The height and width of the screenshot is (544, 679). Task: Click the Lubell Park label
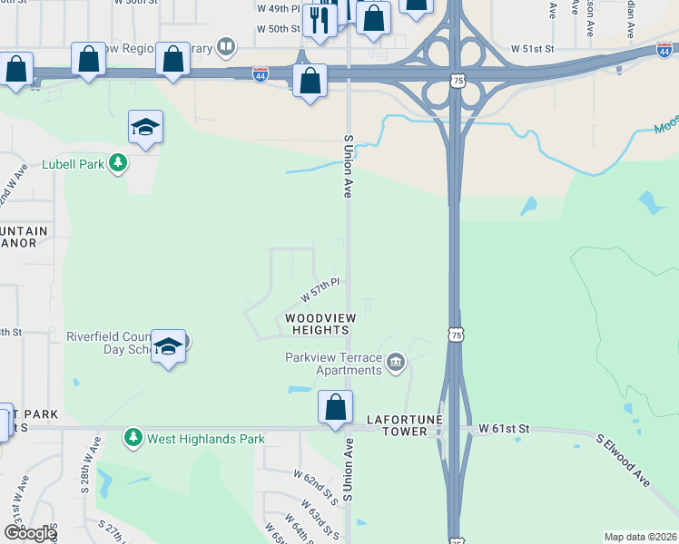(73, 165)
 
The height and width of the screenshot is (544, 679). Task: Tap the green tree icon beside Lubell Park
(117, 163)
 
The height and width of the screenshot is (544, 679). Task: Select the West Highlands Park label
(206, 439)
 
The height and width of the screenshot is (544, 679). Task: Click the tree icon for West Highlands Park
(133, 439)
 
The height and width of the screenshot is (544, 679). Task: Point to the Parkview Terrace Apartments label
(333, 364)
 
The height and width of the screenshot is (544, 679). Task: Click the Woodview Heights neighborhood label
(320, 324)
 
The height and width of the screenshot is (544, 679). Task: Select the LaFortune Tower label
(397, 426)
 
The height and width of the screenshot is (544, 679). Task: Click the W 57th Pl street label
(320, 291)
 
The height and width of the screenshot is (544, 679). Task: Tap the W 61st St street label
(503, 427)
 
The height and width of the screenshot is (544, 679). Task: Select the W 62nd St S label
(316, 487)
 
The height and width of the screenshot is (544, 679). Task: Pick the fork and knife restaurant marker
(320, 20)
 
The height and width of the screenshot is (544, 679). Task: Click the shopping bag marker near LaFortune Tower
(335, 408)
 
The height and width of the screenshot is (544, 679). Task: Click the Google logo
(30, 533)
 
